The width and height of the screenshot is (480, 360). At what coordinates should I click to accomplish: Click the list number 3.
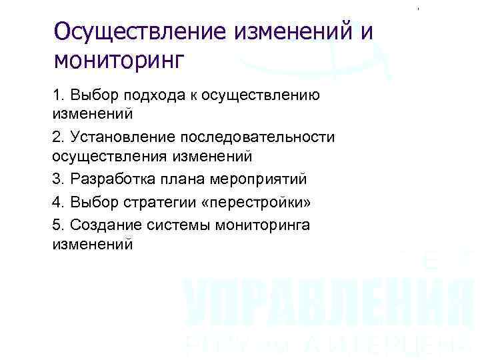click(x=57, y=179)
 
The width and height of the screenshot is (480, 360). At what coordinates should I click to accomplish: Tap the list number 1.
click(x=57, y=95)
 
